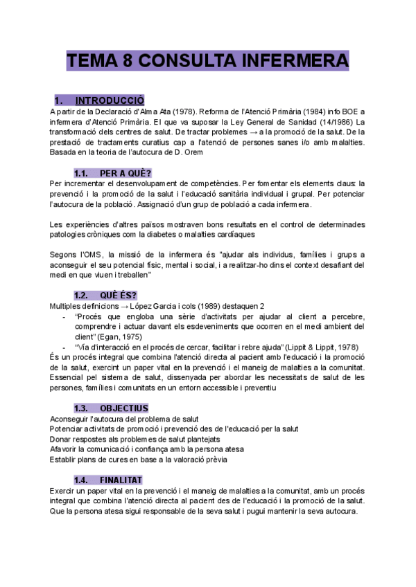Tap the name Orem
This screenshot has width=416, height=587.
coord(192,152)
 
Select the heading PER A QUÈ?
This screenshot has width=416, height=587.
coord(125,173)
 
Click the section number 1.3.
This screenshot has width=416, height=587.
coord(82,408)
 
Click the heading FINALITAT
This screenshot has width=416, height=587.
coord(121,480)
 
